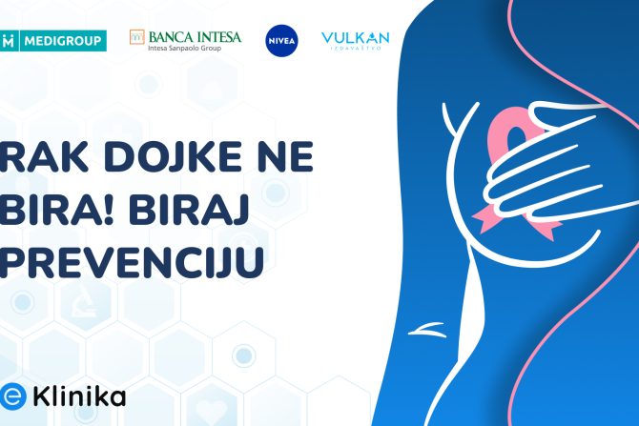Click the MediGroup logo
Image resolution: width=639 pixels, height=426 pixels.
tap(53, 40)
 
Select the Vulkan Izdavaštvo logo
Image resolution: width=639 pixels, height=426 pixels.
tap(355, 39)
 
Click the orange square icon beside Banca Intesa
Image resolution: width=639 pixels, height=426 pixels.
tap(137, 37)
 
